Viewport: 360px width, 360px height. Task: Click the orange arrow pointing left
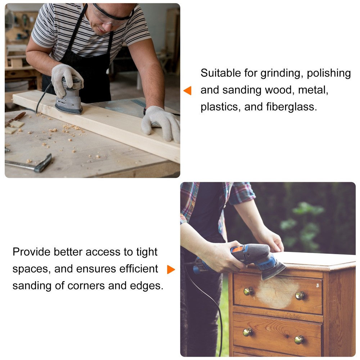[x=188, y=90]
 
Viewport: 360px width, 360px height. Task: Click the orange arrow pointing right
[x=171, y=269]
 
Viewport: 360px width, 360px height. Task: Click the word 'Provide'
[x=31, y=252]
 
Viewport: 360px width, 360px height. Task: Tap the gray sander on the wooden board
[x=69, y=96]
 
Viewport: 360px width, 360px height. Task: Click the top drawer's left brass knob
[x=248, y=291]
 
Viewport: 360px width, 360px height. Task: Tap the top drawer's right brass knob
[x=300, y=296]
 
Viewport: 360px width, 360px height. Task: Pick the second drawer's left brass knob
[x=248, y=332]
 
